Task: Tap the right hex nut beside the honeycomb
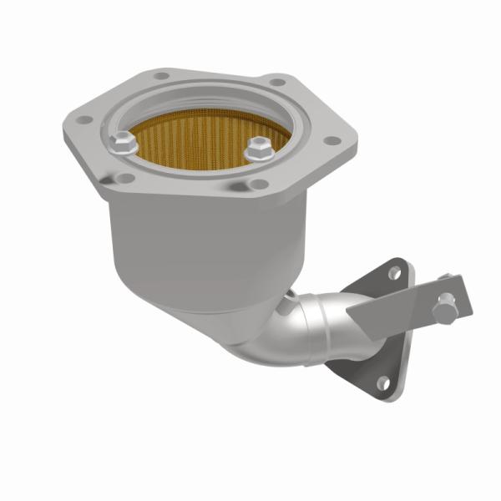[x=257, y=150]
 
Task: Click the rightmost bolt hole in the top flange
[x=331, y=139]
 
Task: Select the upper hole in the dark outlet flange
[x=394, y=274]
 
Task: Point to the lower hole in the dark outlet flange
[x=382, y=383]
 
